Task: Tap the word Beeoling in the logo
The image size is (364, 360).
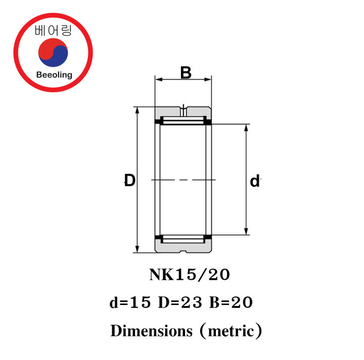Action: point(54,75)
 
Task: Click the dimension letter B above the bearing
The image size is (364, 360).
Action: point(186,73)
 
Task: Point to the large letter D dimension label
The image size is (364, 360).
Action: point(130,180)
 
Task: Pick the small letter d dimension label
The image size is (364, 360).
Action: point(255,181)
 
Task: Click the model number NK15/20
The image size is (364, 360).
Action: point(190,275)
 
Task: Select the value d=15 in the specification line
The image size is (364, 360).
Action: point(130,303)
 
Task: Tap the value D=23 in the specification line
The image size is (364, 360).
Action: point(179,303)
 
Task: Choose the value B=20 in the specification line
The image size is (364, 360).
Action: point(230,303)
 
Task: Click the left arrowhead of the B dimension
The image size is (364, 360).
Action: point(158,79)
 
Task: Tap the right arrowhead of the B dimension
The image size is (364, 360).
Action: point(208,79)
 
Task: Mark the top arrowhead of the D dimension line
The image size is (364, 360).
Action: point(136,110)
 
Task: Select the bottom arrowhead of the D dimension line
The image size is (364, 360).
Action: point(136,249)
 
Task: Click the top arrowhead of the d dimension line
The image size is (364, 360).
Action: point(246,127)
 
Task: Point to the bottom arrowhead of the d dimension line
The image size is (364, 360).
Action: point(246,232)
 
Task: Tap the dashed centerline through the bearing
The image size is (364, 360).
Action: point(184,180)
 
